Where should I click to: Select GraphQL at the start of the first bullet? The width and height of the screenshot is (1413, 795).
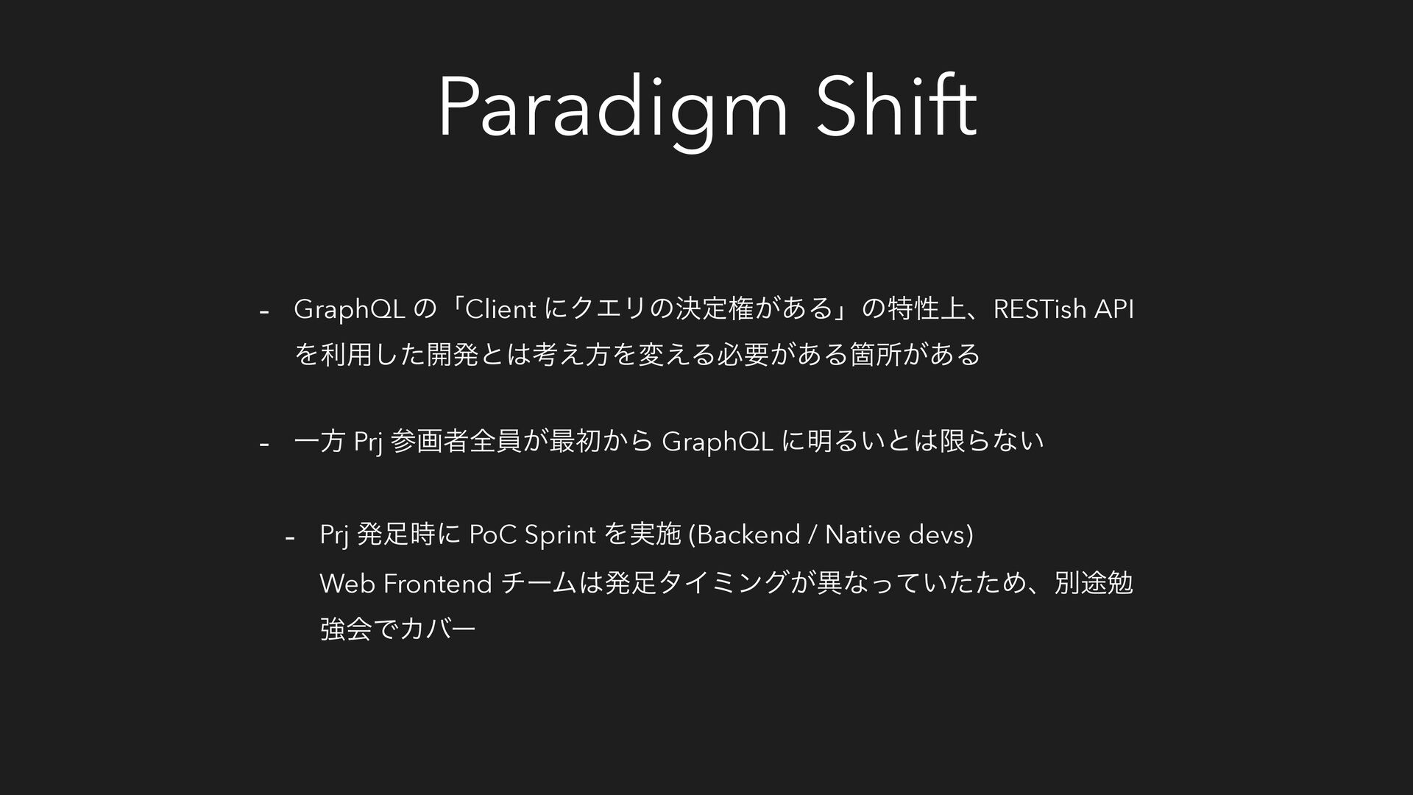coord(350,311)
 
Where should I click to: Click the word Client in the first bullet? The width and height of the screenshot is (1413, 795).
coord(500,310)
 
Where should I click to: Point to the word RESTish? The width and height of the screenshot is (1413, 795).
coord(1040,310)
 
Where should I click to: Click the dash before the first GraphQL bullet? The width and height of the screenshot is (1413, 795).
coord(263,312)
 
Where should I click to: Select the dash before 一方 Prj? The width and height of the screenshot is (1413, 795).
coord(263,444)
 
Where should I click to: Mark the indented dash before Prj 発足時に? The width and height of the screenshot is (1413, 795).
coord(290,537)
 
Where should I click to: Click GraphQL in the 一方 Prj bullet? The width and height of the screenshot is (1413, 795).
coord(718,442)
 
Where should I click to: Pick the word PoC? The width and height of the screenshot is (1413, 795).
coord(493,534)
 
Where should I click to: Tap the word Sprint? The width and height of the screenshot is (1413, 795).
coord(560,535)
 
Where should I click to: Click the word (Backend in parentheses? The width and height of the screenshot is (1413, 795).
coord(743,534)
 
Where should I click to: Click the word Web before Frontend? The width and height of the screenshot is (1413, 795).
coord(347,584)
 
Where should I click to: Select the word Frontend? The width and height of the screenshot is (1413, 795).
coord(438,584)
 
